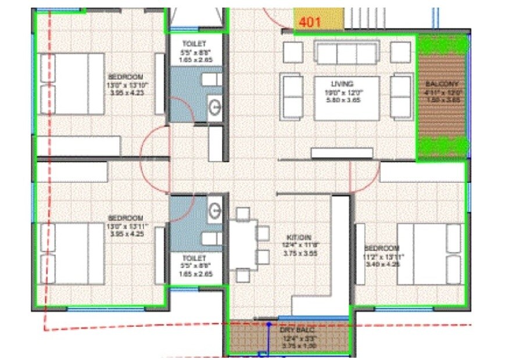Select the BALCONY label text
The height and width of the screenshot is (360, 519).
442,84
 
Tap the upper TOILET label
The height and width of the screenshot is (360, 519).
194,44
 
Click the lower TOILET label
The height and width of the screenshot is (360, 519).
194,258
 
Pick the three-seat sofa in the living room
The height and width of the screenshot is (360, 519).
346,52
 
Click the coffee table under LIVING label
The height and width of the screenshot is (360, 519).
346,98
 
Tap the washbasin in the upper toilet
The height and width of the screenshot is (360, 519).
214,106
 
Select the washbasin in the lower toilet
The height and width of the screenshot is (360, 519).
214,209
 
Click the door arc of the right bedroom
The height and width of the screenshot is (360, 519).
364,177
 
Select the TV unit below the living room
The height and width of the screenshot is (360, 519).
342,153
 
